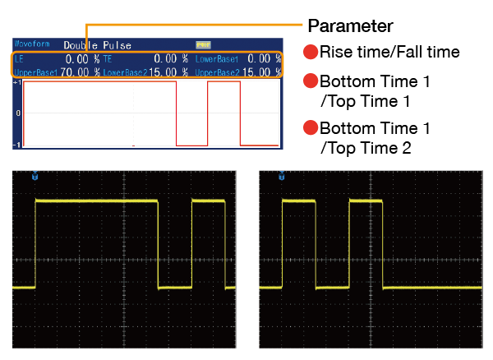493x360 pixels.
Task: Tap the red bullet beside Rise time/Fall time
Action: (311, 53)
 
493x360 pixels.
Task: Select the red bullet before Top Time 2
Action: (311, 128)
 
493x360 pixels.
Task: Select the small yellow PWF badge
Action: (202, 44)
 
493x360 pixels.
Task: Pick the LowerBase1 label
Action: (217, 59)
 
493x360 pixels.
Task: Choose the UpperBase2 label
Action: (217, 72)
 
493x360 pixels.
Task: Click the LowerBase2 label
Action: (125, 72)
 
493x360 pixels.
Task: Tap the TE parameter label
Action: (107, 59)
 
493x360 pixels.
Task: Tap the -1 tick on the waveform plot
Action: (17, 145)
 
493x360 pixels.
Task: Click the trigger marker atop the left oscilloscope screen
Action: (35, 176)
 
